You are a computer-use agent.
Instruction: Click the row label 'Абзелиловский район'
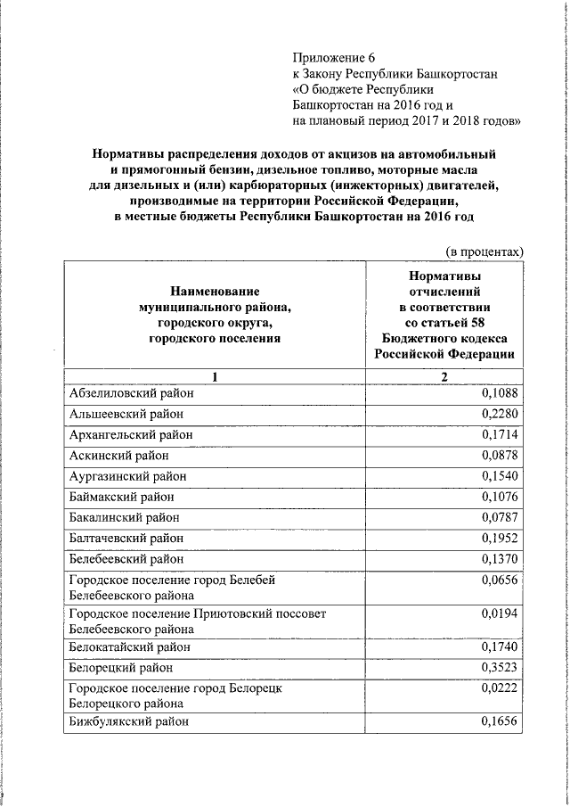[131, 392]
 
